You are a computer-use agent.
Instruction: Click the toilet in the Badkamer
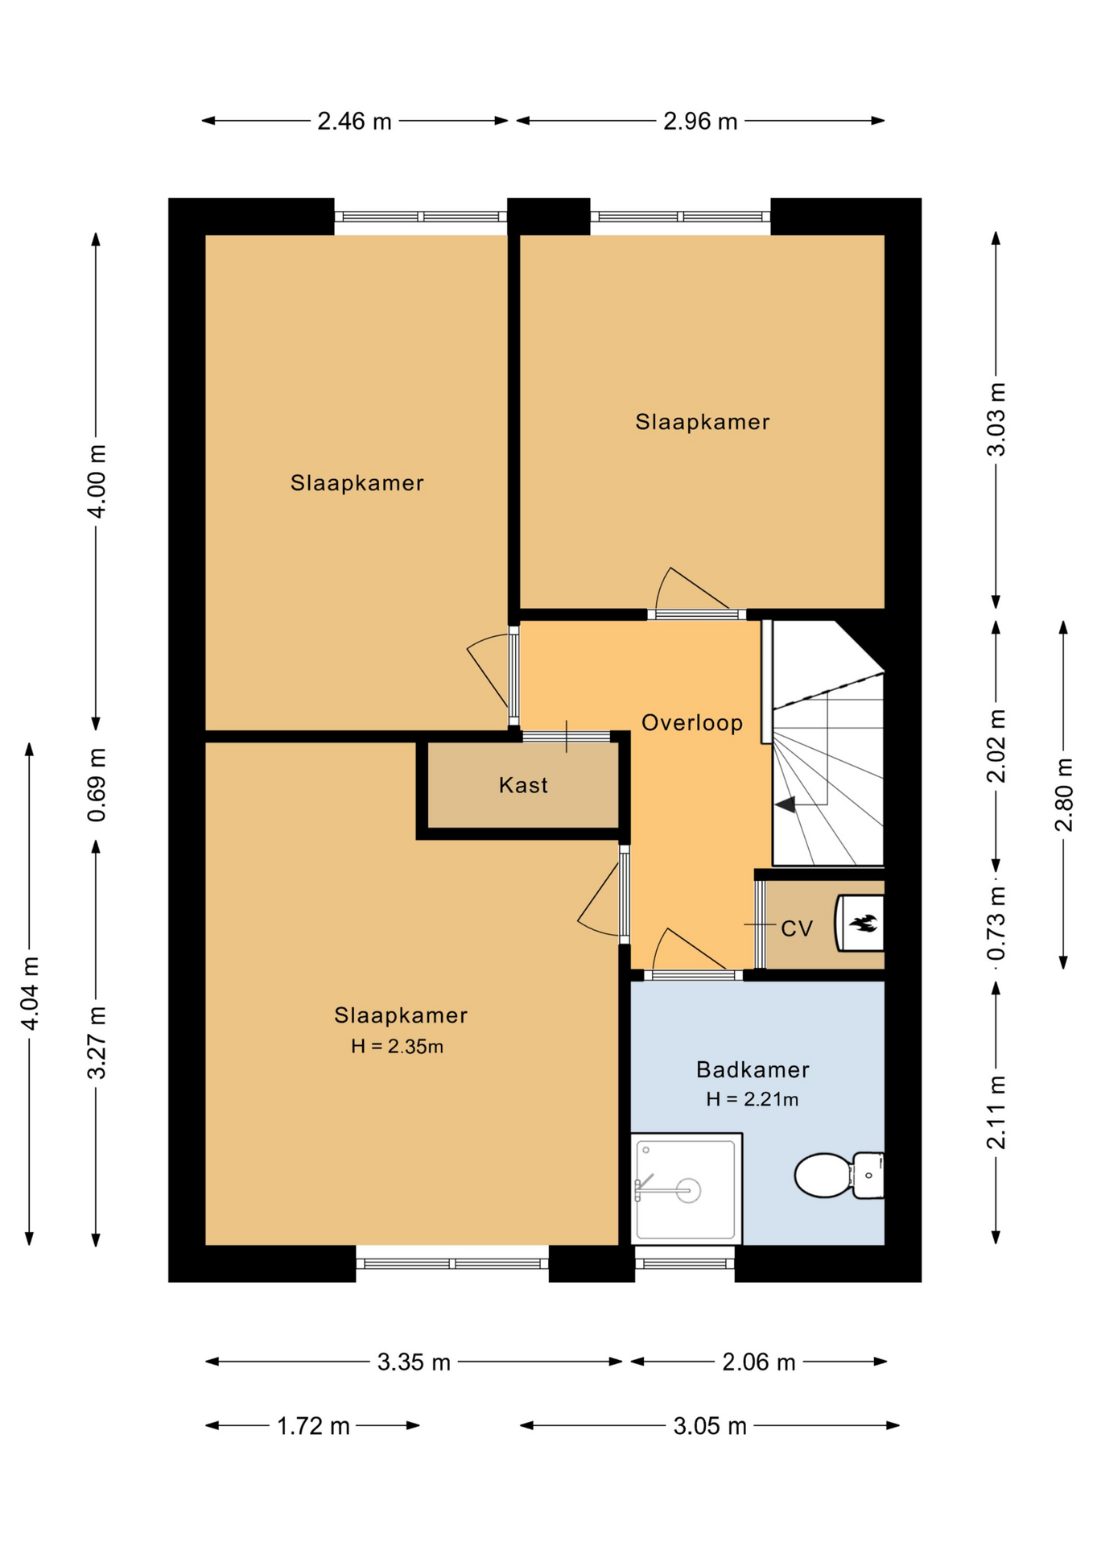pos(839,1176)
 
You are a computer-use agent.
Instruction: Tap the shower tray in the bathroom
pos(686,1188)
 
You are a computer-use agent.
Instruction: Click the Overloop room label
pos(692,722)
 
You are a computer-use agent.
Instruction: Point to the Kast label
pos(523,785)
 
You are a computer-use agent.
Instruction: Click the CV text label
pos(797,928)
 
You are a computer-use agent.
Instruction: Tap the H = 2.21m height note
pos(752,1099)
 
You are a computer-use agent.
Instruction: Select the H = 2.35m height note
pos(397,1046)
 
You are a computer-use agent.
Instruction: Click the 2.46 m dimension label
pos(354,122)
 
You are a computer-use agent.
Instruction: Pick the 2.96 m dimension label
pos(700,122)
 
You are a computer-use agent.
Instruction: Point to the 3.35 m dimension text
pos(414,1362)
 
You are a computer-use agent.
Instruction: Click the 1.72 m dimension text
pos(313,1427)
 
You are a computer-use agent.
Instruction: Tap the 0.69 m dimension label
pos(97,785)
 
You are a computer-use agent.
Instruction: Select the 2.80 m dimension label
pos(1063,795)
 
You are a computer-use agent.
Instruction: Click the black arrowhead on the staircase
pos(785,804)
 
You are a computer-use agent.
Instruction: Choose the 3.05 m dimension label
pos(710,1427)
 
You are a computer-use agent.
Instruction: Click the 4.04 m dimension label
pos(30,993)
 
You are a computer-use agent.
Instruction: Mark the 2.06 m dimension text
pos(758,1362)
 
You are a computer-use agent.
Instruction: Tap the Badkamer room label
pos(753,1069)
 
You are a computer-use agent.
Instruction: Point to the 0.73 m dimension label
pos(996,924)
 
